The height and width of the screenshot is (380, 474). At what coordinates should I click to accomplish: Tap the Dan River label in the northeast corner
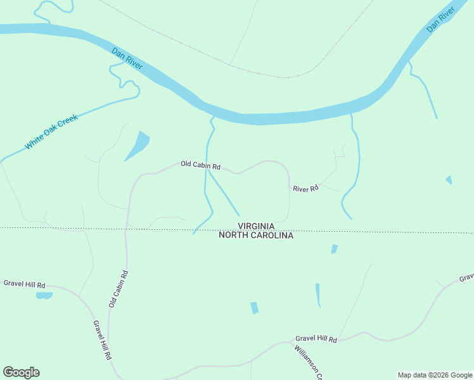tap(441, 20)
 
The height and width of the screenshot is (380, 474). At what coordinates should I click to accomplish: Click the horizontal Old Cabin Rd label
tap(200, 165)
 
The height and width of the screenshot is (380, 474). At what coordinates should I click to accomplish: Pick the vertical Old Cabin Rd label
tap(118, 289)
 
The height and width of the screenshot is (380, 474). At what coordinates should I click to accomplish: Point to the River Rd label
tap(305, 188)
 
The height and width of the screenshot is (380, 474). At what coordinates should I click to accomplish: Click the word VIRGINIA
tap(256, 226)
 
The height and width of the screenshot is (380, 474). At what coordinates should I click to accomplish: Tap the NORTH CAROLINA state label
tap(256, 235)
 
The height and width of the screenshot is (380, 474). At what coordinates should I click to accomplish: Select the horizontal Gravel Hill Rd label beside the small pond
tap(25, 284)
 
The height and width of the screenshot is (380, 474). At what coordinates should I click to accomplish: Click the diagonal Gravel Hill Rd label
tap(101, 340)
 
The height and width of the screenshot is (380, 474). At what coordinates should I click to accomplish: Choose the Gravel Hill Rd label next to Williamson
tap(316, 340)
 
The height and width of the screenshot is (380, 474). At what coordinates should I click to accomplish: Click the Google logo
tap(21, 372)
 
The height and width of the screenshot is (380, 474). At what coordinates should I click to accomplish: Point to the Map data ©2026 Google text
tap(435, 375)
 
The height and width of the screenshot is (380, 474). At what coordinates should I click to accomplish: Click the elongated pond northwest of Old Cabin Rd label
tap(138, 146)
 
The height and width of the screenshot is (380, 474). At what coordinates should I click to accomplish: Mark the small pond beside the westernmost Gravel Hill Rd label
tap(44, 295)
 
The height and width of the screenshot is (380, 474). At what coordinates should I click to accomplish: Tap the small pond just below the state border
tap(335, 249)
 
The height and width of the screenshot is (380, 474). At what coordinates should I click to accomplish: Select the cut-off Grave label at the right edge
tap(466, 277)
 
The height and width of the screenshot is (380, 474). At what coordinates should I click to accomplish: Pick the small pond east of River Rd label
tap(449, 180)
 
